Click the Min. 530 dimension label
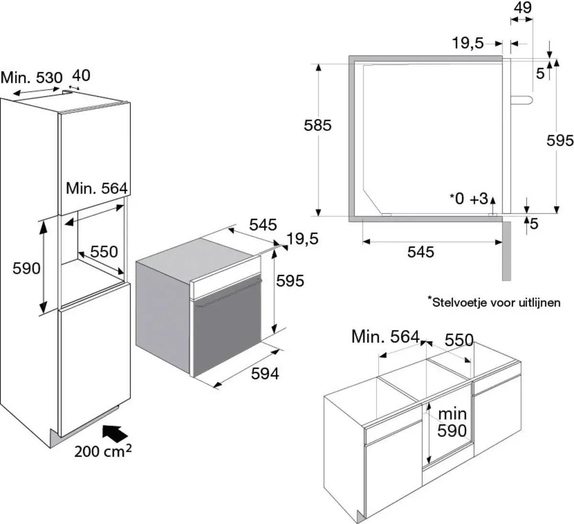pos(32,78)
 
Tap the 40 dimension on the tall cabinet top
pos(81,76)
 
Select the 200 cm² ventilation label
pos(103,451)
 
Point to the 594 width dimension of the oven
pos(265,373)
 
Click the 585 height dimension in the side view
pos(318,125)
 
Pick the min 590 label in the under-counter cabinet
pos(452,422)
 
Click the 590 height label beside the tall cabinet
pos(26,268)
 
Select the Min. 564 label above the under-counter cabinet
pos(385,337)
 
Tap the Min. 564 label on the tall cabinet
pos(97,188)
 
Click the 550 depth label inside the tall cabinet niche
pos(104,251)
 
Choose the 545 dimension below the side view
pos(420,251)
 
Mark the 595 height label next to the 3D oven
pos(290,280)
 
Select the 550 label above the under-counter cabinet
pos(459,340)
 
